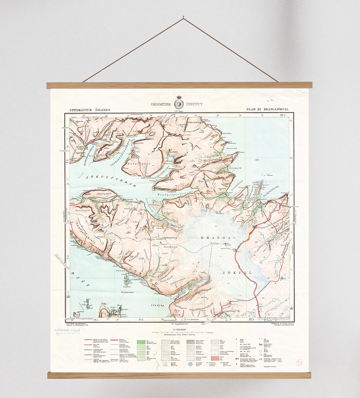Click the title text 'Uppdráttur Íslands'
[90, 110]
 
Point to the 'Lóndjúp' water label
[158, 305]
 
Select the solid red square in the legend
[215, 358]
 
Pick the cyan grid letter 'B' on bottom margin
[142, 320]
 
